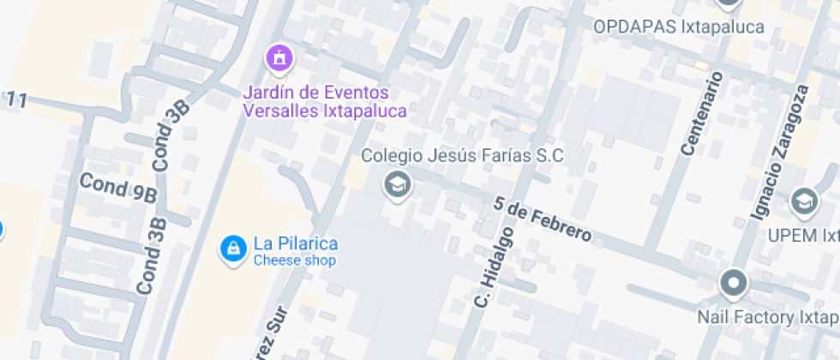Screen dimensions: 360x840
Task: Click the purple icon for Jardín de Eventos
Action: (279, 58)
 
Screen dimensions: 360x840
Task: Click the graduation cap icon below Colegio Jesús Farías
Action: (396, 184)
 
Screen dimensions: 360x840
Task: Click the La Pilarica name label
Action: (295, 244)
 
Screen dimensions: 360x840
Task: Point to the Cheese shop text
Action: (295, 261)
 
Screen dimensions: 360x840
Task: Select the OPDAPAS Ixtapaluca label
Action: (678, 27)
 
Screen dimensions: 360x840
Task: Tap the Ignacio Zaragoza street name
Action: (782, 151)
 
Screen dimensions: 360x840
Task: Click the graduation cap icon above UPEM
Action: (804, 201)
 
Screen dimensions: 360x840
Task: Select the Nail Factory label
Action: (766, 317)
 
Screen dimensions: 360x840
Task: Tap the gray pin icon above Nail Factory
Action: (733, 282)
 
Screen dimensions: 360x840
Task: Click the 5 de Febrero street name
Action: (543, 219)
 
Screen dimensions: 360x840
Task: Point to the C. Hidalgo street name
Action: (495, 267)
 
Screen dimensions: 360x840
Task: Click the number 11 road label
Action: (15, 100)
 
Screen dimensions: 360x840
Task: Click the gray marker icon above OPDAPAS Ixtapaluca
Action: (728, 3)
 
